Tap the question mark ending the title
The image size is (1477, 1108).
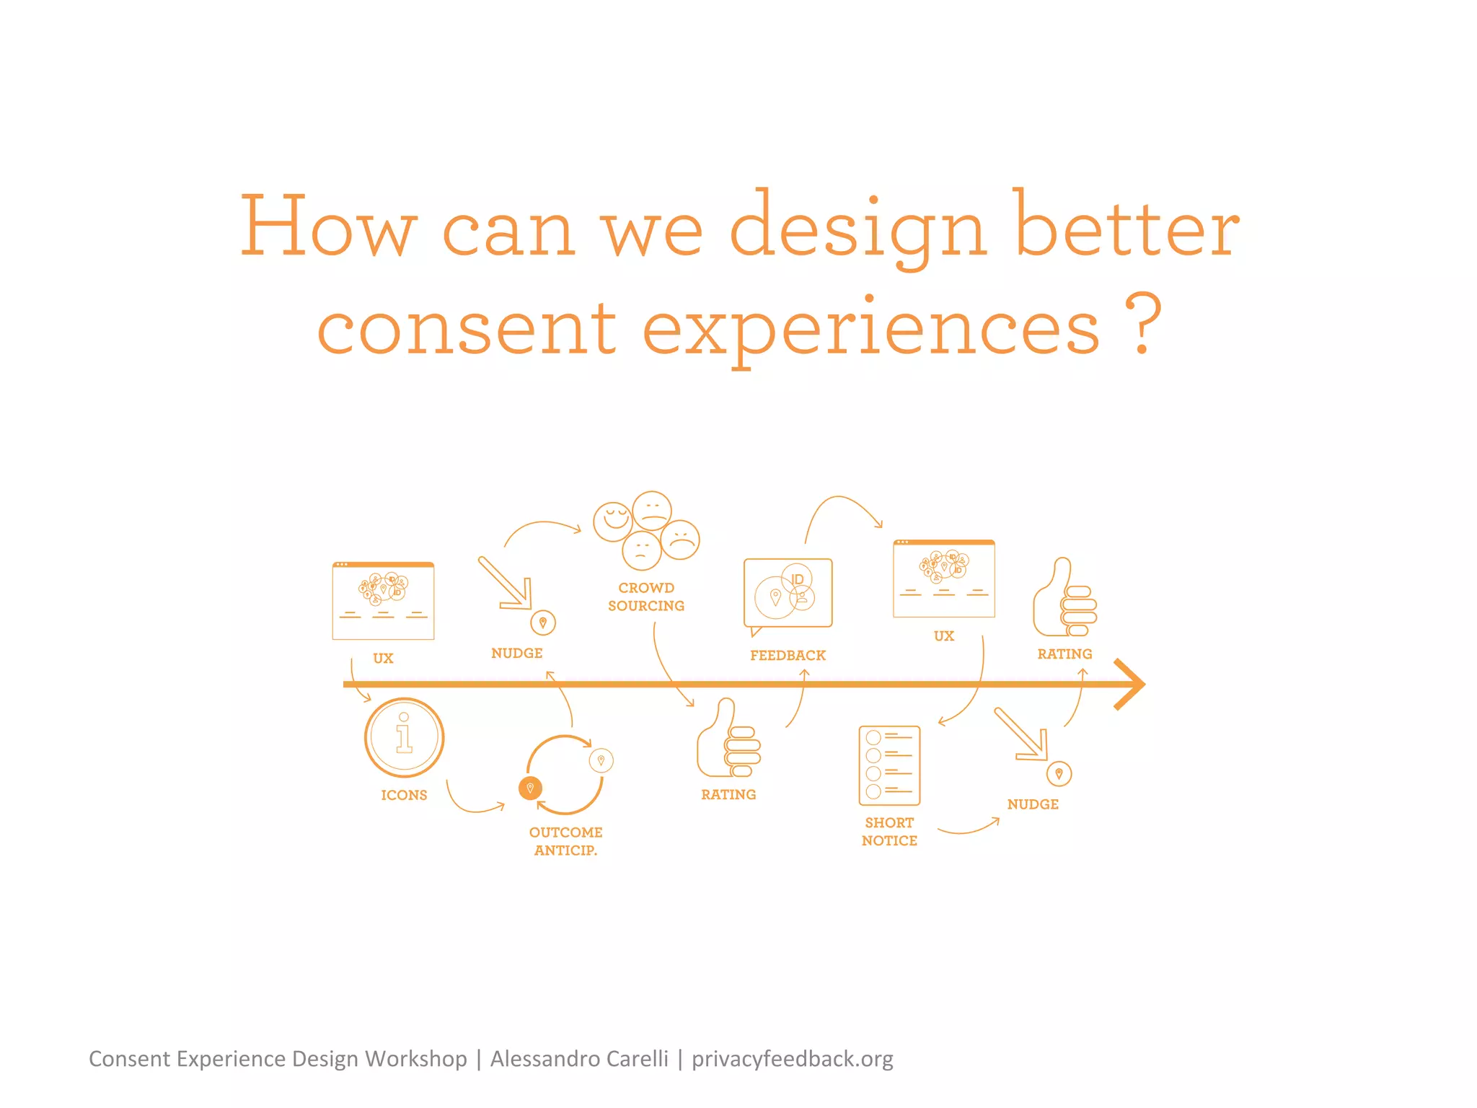tap(1143, 325)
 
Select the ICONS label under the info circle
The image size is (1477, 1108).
tap(404, 795)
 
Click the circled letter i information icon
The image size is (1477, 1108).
tap(404, 737)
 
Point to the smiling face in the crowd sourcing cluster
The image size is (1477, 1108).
tap(613, 522)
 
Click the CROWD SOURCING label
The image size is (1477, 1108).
tap(646, 597)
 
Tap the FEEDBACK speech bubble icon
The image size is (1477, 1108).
tap(788, 593)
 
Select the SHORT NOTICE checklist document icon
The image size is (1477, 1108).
tap(889, 765)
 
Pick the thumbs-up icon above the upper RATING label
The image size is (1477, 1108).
tap(1064, 598)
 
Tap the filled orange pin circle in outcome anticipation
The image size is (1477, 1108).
tap(530, 788)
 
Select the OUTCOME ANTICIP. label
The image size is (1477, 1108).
tap(565, 841)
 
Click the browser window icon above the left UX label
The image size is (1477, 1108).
tap(383, 600)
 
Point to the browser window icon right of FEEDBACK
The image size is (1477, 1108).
tap(943, 579)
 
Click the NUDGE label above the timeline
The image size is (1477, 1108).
tap(516, 654)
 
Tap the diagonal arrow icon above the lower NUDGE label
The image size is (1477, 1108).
tap(1021, 734)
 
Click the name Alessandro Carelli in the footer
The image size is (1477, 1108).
tap(579, 1059)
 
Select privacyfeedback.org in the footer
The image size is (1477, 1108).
tap(792, 1059)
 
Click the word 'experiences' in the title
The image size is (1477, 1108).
tap(871, 329)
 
